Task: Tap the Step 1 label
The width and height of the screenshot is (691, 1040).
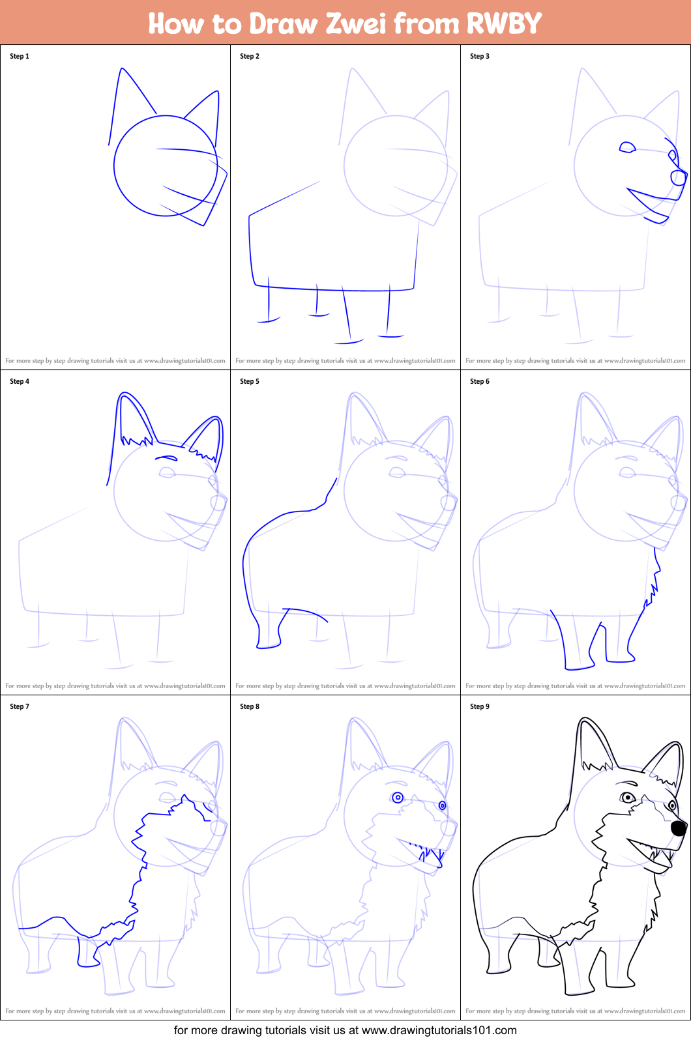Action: pyautogui.click(x=20, y=56)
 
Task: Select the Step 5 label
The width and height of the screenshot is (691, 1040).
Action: pyautogui.click(x=250, y=381)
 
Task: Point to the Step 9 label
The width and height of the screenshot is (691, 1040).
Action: pyautogui.click(x=480, y=706)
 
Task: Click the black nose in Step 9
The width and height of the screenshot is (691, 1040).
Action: pyautogui.click(x=679, y=828)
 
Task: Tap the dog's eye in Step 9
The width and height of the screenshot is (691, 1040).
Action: pyautogui.click(x=627, y=797)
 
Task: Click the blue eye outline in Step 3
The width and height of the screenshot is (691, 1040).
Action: pyautogui.click(x=627, y=147)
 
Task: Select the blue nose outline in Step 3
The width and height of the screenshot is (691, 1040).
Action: pyautogui.click(x=679, y=177)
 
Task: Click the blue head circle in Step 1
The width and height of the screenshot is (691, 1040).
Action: pyautogui.click(x=115, y=166)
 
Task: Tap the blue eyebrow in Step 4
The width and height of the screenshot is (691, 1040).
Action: pyautogui.click(x=166, y=458)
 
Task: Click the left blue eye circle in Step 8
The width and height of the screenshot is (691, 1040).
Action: pyautogui.click(x=398, y=798)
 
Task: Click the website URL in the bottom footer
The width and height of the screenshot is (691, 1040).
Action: pyautogui.click(x=439, y=1030)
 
